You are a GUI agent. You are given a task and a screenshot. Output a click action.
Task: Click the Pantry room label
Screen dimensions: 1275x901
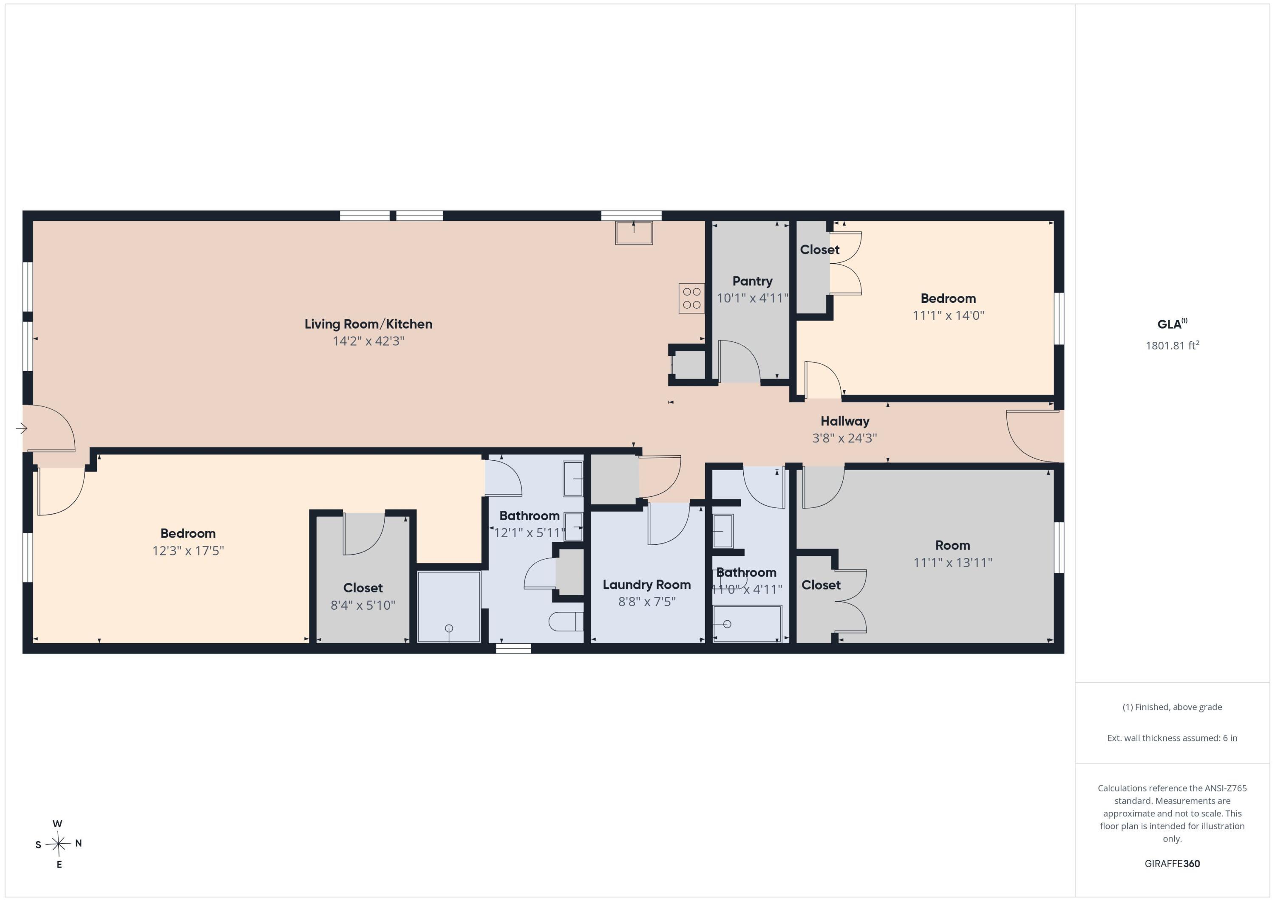752,281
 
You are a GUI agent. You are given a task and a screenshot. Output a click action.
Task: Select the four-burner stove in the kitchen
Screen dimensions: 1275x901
691,298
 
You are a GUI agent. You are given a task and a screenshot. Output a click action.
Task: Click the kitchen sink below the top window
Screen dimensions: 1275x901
634,232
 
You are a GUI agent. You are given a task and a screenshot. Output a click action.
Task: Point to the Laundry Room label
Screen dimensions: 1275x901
646,585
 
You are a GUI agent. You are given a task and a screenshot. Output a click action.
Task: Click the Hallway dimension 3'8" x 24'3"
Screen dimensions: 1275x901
844,438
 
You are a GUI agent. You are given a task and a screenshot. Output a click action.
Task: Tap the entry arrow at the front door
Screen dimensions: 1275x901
22,428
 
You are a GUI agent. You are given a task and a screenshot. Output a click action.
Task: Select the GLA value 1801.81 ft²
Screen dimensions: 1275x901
1172,345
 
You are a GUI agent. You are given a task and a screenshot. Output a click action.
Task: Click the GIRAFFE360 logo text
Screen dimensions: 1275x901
1172,863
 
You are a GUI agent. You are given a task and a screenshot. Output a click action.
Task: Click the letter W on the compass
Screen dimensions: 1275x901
57,823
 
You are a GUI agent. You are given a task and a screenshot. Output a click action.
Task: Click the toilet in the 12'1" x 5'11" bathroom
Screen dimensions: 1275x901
566,621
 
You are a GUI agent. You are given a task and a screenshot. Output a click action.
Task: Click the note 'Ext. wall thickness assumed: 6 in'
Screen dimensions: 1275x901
1172,738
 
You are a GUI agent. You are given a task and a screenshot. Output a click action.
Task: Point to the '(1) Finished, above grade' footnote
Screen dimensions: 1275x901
1172,707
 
